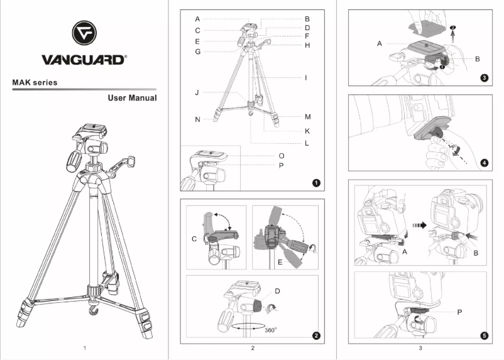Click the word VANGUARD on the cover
(x=84, y=60)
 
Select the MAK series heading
(x=35, y=82)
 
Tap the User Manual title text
(x=132, y=98)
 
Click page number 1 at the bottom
(x=84, y=347)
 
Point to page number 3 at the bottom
(x=420, y=347)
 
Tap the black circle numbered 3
(x=484, y=78)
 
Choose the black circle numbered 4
(x=484, y=162)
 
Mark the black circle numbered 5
(x=484, y=335)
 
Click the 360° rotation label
(x=271, y=329)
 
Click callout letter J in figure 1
(x=197, y=92)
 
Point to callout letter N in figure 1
(x=197, y=119)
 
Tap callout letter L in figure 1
(x=307, y=143)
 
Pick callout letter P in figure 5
(x=459, y=311)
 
